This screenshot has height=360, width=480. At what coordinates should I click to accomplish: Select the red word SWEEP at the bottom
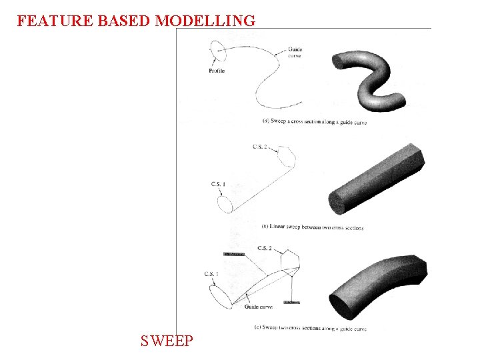tap(167, 341)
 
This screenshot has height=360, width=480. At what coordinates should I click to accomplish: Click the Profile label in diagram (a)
tap(217, 71)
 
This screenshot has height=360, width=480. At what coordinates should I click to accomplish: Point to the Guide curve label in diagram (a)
tap(295, 53)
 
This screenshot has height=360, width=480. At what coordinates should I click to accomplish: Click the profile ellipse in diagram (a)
tap(216, 51)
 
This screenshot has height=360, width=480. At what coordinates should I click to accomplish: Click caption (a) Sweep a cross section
tap(314, 122)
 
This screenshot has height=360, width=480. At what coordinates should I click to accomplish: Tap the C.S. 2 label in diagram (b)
tap(260, 146)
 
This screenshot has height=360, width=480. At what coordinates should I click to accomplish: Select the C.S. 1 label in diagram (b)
tap(218, 184)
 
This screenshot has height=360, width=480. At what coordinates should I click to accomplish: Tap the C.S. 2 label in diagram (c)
tap(264, 248)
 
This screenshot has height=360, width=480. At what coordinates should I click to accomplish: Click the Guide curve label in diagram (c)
tap(258, 307)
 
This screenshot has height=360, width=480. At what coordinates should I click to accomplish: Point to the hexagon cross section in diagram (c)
tap(291, 262)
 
